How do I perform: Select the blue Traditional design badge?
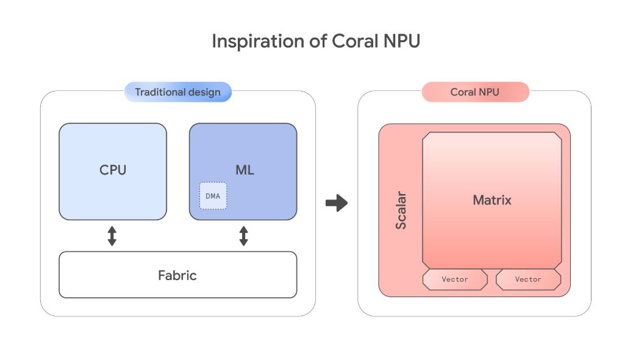pos(177,92)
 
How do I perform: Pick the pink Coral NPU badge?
pos(474,92)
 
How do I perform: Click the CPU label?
pos(113,170)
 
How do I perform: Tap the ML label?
pos(244,170)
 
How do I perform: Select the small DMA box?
pos(213,196)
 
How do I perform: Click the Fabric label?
pos(177,275)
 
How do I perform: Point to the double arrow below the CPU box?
pos(112,236)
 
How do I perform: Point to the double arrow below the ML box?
pos(243,236)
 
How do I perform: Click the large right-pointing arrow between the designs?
pos(336,203)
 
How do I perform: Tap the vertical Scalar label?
pos(401,211)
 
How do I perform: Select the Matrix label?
pos(492,200)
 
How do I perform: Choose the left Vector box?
pos(455,279)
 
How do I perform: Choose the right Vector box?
pos(528,279)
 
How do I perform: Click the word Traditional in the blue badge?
pos(160,92)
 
